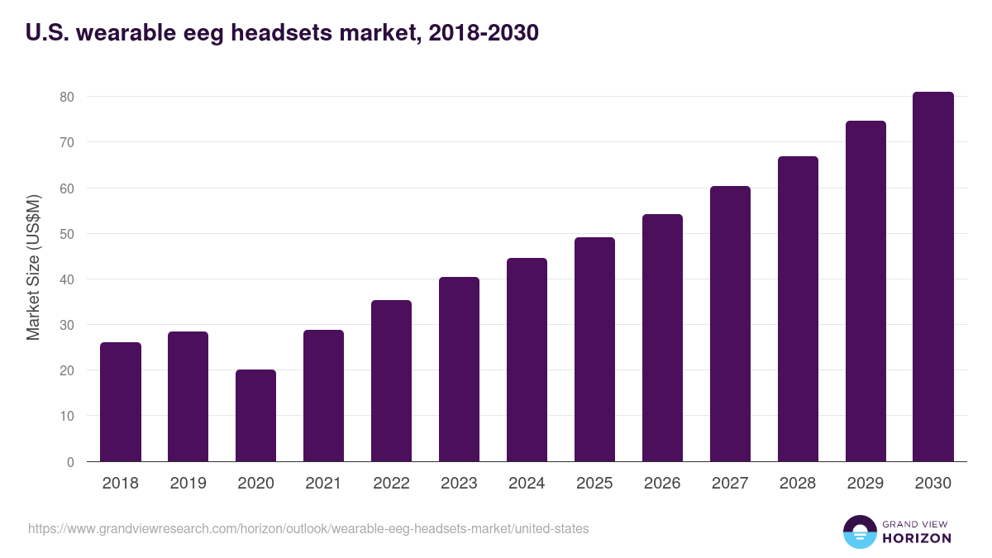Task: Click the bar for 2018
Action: [121, 403]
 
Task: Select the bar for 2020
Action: [255, 416]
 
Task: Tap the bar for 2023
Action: [459, 370]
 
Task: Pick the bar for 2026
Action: [662, 338]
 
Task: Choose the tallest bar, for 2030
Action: [933, 277]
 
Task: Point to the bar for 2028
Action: [798, 309]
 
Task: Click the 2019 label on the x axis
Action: [188, 484]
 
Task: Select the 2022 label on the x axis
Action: [391, 484]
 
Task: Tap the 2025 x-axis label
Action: [594, 484]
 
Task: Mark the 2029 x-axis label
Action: [866, 484]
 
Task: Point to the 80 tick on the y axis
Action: [67, 97]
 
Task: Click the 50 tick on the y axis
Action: [67, 234]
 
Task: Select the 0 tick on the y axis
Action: [70, 462]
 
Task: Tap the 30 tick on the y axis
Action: [67, 325]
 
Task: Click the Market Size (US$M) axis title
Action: [33, 268]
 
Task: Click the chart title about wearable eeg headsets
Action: [282, 33]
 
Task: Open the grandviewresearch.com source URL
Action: [308, 528]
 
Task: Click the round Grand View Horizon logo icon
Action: [859, 532]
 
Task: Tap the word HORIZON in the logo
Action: [917, 538]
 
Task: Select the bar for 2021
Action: [323, 396]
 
